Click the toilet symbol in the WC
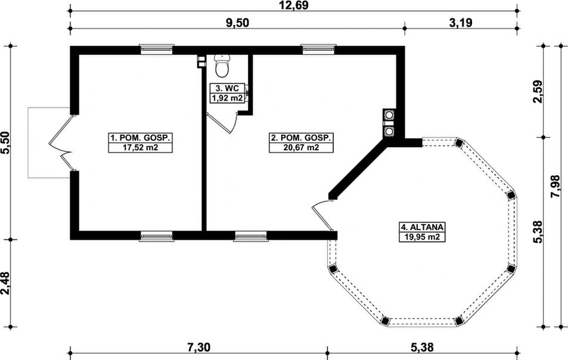[222, 66]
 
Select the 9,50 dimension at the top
[238, 23]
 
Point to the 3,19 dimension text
[461, 23]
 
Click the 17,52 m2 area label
[141, 147]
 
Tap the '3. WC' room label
[227, 88]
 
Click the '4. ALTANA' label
[422, 227]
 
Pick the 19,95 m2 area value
[422, 237]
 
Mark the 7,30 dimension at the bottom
[198, 347]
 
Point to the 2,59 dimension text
[538, 92]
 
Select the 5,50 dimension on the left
[6, 142]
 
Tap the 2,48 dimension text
[6, 283]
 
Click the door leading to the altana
[322, 215]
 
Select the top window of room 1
[157, 49]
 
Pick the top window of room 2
[318, 49]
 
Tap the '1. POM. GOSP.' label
[141, 138]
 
